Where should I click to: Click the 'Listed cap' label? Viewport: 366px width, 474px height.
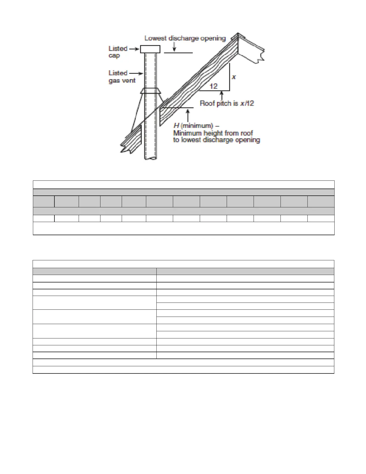[118, 52]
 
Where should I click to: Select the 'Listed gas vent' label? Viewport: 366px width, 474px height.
[122, 77]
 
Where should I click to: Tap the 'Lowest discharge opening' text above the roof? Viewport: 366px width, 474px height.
[185, 38]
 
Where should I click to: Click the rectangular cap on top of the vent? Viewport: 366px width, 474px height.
[150, 49]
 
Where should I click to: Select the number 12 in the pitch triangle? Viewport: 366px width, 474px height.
[213, 86]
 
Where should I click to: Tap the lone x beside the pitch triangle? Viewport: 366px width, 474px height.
[234, 77]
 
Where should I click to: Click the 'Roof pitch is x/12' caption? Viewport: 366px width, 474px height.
[227, 104]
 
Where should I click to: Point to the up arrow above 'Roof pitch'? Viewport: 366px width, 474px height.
[222, 95]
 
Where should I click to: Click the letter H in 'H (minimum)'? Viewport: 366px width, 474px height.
[176, 126]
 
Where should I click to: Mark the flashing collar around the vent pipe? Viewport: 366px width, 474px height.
[151, 91]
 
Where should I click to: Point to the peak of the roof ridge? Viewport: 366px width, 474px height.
[238, 34]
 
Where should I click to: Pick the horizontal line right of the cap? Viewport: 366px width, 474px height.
[179, 53]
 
